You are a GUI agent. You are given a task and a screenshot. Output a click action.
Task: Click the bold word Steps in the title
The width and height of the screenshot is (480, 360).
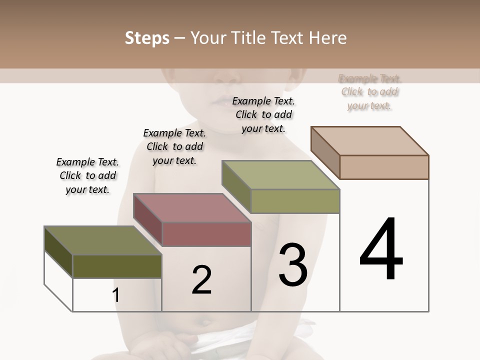[x=147, y=38]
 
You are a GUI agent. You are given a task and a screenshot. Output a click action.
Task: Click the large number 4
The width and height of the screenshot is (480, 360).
[x=381, y=249]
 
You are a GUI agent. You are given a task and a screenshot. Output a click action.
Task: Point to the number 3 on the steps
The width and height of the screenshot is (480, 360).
[x=293, y=264]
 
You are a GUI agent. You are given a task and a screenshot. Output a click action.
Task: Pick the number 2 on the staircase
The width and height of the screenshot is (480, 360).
[x=201, y=279]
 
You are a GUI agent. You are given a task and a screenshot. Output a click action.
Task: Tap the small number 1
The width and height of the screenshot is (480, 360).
[x=116, y=295]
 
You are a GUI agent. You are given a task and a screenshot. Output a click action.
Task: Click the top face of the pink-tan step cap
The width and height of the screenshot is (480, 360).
[x=370, y=140]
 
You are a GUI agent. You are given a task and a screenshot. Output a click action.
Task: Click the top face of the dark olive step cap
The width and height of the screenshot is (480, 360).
[x=103, y=240]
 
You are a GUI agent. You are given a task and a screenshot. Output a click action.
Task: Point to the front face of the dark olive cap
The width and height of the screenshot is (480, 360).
[x=117, y=266]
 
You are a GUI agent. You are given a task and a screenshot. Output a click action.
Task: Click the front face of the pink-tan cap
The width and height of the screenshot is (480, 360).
[x=384, y=167]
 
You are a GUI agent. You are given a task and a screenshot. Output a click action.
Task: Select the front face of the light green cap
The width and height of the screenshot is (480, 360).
[x=295, y=201]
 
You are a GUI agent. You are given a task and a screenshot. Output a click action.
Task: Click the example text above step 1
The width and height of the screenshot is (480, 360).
[x=87, y=175]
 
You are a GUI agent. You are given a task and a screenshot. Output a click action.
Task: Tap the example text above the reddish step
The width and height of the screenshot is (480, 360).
[x=174, y=146]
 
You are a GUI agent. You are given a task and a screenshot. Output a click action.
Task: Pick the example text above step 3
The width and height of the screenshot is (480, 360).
[x=263, y=114]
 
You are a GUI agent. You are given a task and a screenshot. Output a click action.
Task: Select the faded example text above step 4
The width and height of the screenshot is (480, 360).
[x=369, y=92]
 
